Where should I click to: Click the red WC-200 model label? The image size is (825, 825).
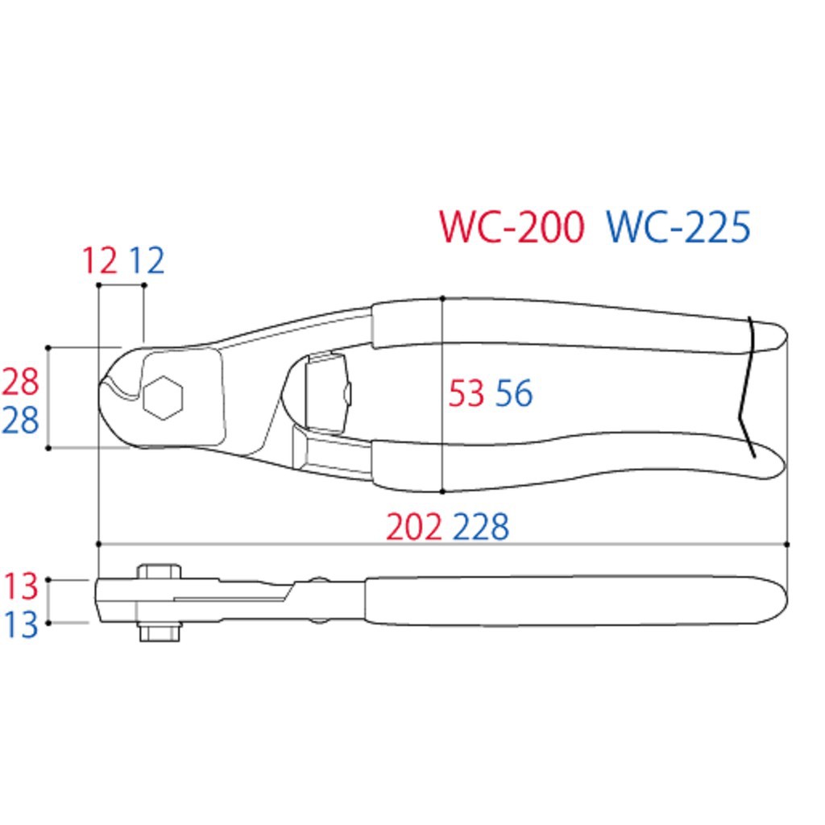[x=512, y=226]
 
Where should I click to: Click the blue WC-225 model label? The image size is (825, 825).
[x=678, y=226]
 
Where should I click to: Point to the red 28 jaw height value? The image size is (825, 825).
[x=20, y=382]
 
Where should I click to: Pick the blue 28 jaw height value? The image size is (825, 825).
[x=20, y=421]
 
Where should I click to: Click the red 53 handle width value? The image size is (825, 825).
[x=466, y=393]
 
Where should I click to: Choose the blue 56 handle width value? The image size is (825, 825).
[x=514, y=393]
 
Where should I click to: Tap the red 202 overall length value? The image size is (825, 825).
[x=414, y=527]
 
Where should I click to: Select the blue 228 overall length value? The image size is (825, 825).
[x=481, y=527]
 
